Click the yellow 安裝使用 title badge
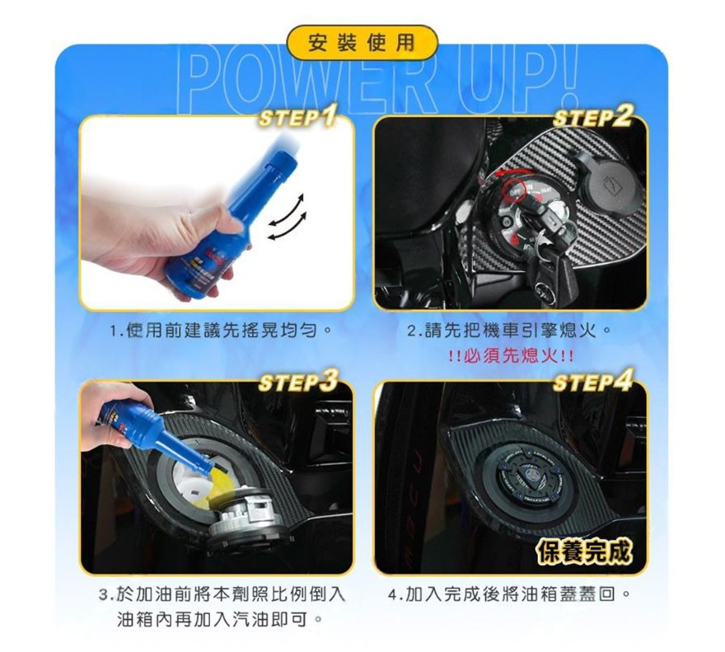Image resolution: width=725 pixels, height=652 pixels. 362,43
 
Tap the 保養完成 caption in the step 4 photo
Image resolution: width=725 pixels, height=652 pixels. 584,552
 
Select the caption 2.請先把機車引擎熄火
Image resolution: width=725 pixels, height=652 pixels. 508,331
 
